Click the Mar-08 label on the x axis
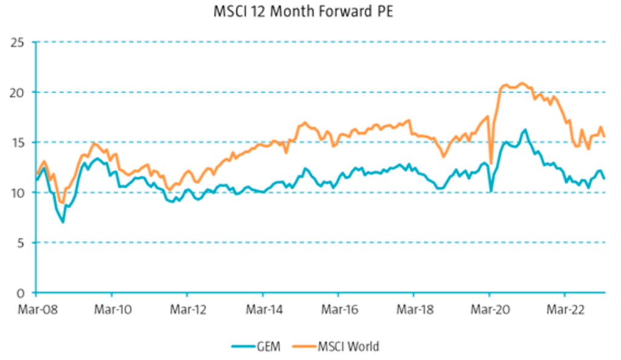tap(36, 308)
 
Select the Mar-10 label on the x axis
tap(112, 308)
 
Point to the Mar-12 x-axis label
tap(187, 308)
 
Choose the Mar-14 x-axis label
tap(263, 308)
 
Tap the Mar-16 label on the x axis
tap(338, 308)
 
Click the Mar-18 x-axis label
tap(413, 308)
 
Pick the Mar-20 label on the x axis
tap(489, 308)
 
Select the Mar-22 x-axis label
tap(564, 308)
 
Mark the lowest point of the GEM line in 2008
tap(62, 222)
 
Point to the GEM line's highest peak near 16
tap(525, 129)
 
